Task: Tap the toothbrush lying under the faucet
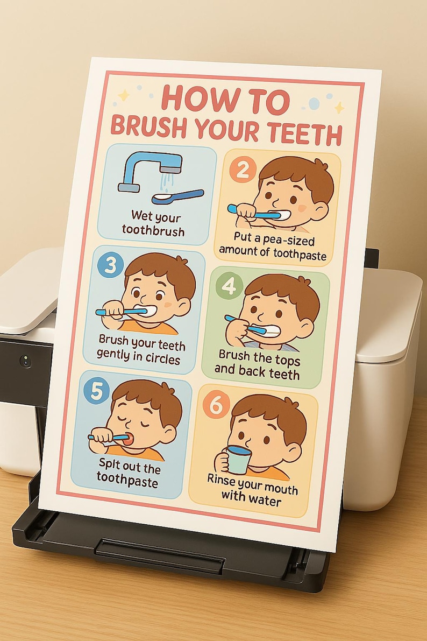coord(177,196)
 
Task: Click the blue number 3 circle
coord(111,266)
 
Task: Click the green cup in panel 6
coord(238,459)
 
